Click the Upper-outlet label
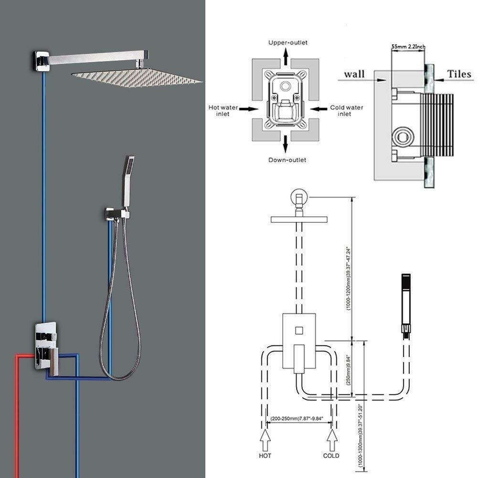click(287, 42)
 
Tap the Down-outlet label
click(287, 160)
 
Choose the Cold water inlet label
click(347, 111)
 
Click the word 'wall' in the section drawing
click(354, 74)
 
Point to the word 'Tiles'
click(459, 74)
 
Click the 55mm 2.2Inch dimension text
click(408, 46)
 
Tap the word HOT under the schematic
click(265, 456)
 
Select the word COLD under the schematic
click(331, 456)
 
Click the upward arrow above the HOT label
click(265, 436)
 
